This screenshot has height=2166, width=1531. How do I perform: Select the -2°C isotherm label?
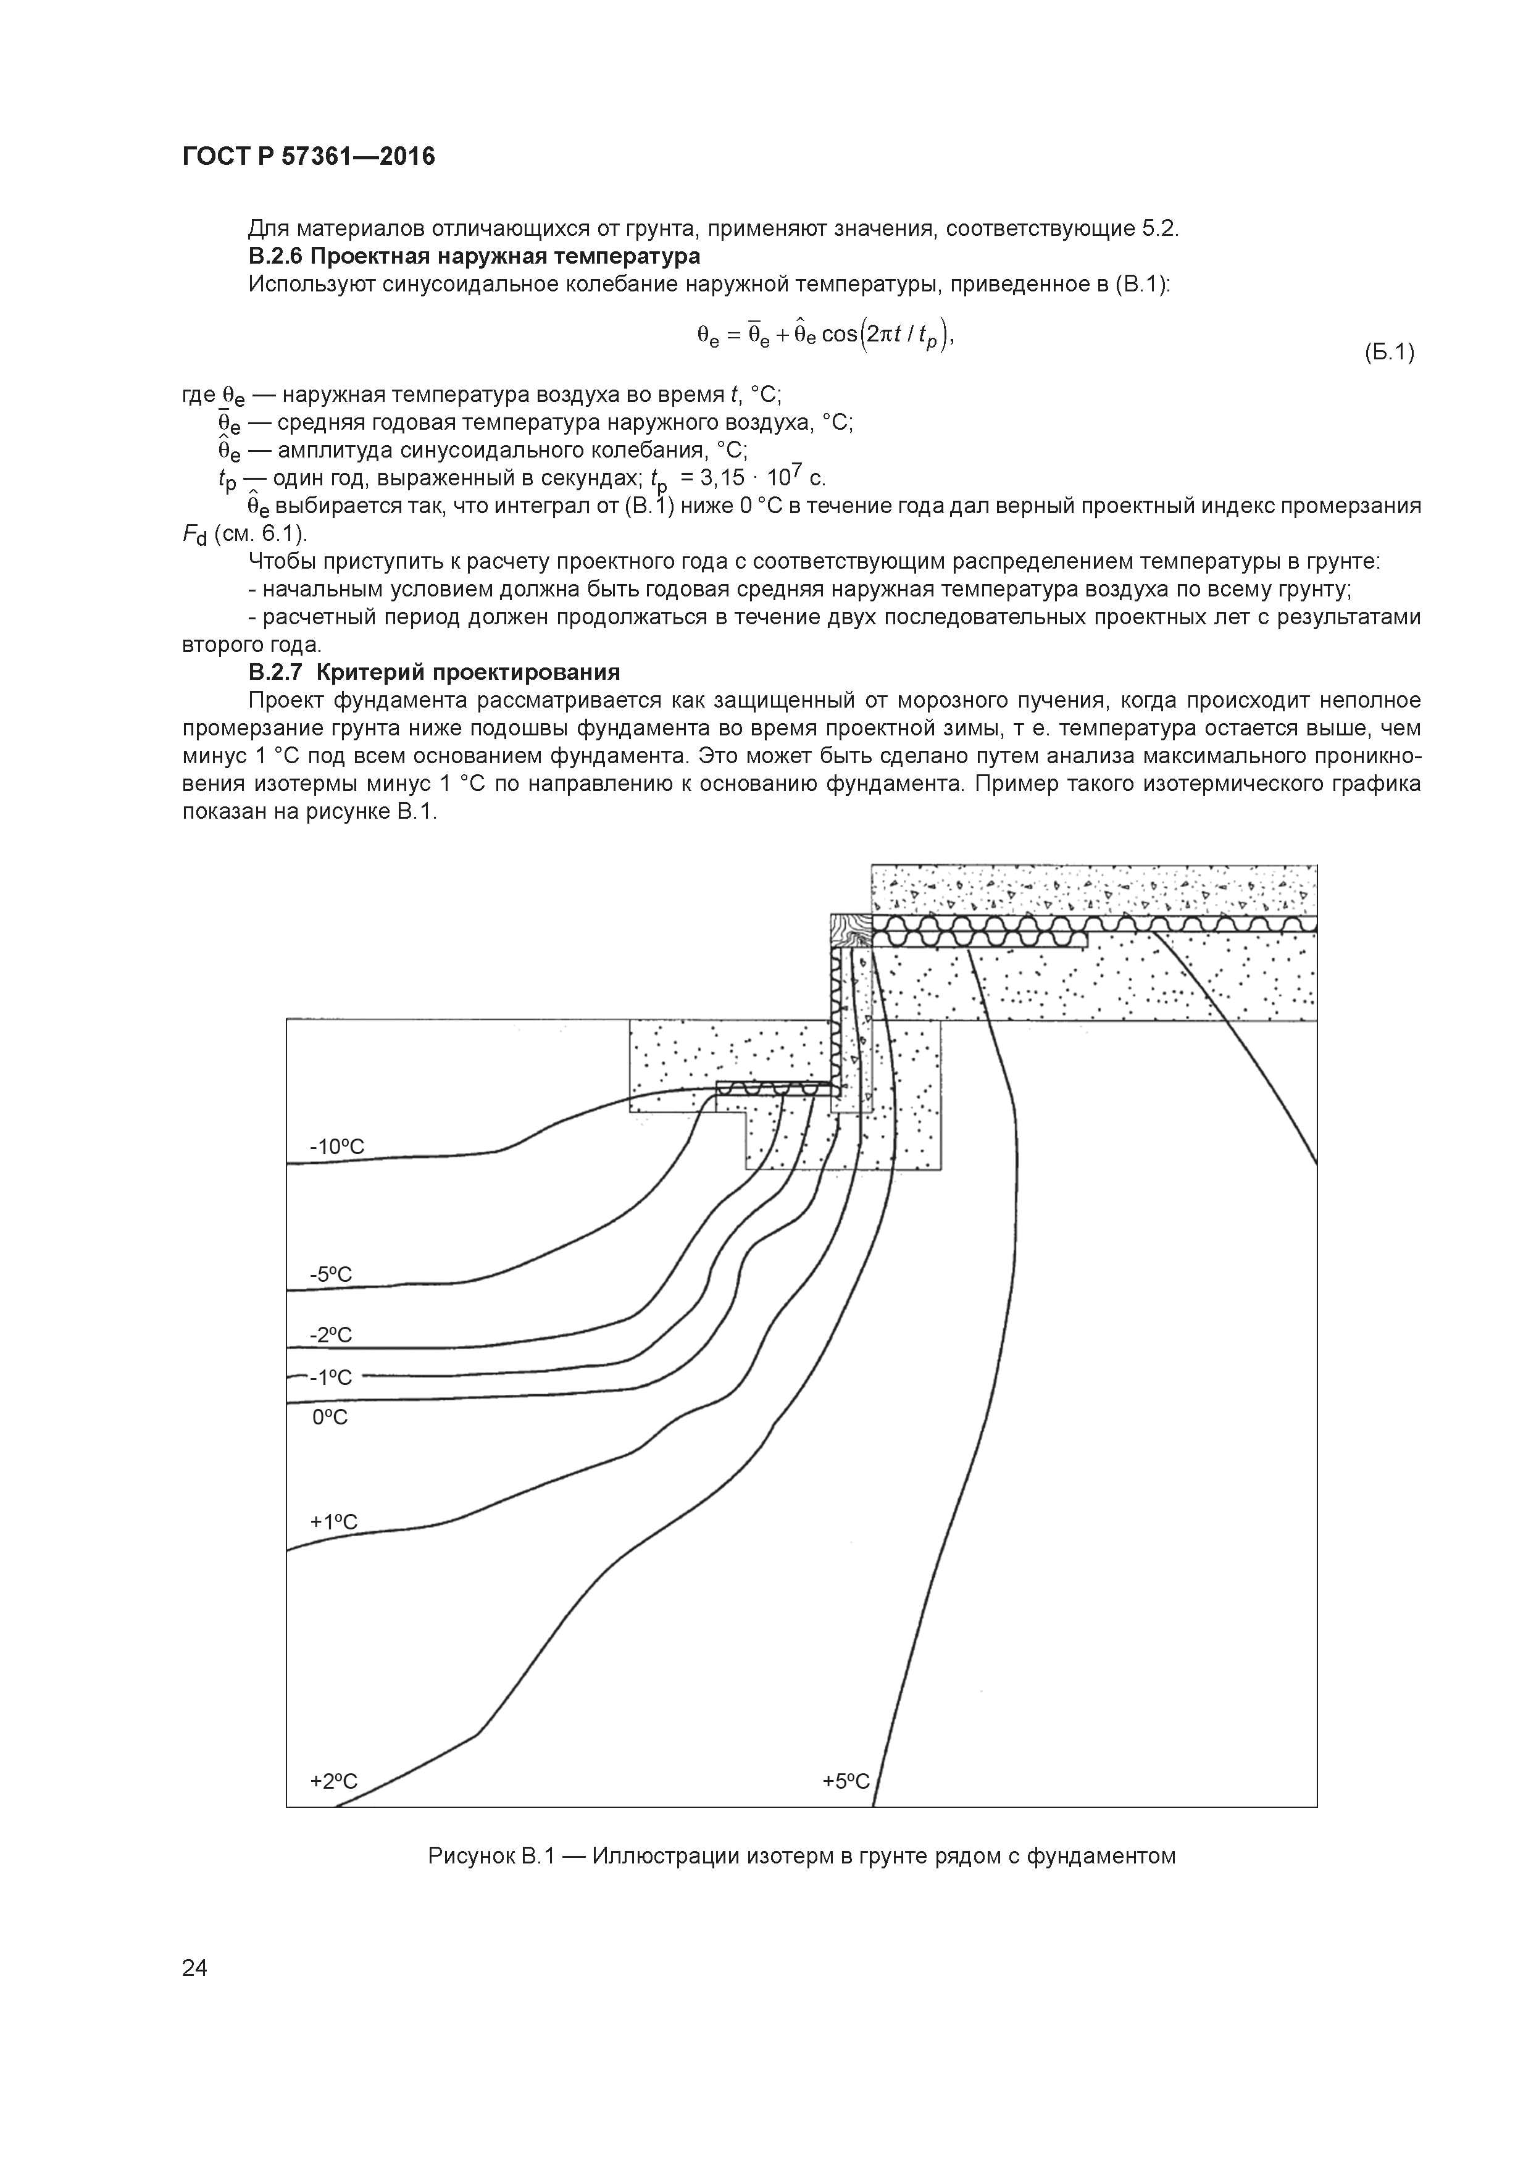[x=330, y=1335]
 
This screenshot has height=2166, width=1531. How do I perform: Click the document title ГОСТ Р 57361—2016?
[x=309, y=157]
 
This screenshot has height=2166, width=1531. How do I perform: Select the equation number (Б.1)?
[x=1388, y=353]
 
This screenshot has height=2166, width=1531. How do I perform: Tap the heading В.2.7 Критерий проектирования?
[x=434, y=672]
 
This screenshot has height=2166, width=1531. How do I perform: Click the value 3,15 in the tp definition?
[x=719, y=479]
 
